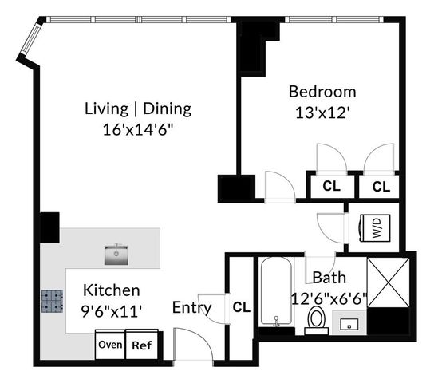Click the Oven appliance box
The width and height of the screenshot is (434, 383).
tap(110, 345)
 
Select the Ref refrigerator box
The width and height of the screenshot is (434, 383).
tap(141, 345)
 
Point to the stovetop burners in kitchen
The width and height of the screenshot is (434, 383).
tap(53, 301)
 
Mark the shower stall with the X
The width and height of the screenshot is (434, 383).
tap(387, 282)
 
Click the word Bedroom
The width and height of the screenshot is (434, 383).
tap(322, 91)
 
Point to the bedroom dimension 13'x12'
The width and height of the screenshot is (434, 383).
tap(322, 113)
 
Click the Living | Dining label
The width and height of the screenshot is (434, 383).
tap(138, 109)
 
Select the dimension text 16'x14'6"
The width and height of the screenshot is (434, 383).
tap(138, 129)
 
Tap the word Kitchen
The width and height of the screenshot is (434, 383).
tap(112, 290)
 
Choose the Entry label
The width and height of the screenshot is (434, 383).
tap(191, 307)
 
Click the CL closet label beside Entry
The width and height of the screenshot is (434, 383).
tap(241, 306)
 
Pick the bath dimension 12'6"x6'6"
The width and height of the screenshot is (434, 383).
tap(328, 298)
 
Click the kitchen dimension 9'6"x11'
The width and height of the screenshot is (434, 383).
tap(112, 311)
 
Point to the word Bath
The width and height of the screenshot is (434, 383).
tap(328, 278)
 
